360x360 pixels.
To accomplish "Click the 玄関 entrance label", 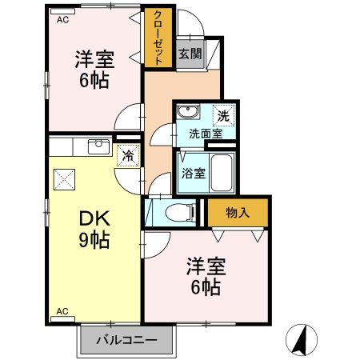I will (190, 54).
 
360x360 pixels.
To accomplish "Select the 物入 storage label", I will (238, 212).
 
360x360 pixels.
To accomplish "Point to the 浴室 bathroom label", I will (190, 171).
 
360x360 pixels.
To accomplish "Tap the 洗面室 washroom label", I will (206, 134).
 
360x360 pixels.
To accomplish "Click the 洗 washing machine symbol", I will (225, 114).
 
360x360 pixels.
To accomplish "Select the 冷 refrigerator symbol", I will (127, 155).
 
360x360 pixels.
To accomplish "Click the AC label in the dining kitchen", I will (62, 310).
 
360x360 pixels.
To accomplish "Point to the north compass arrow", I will (301, 340).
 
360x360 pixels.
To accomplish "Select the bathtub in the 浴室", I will (218, 170).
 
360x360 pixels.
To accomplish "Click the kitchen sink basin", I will (98, 145).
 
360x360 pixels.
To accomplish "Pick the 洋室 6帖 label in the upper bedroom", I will (94, 70).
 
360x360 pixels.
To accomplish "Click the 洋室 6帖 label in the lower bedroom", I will (206, 277).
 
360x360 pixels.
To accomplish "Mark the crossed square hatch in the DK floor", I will (63, 180).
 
